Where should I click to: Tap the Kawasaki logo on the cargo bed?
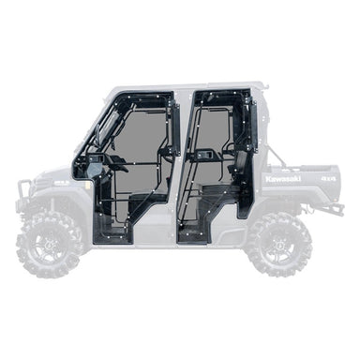click(283, 178)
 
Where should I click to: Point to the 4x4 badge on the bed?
click(327, 177)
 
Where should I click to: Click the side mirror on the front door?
click(94, 171)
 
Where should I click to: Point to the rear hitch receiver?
click(336, 207)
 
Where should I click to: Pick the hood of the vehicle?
click(56, 178)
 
